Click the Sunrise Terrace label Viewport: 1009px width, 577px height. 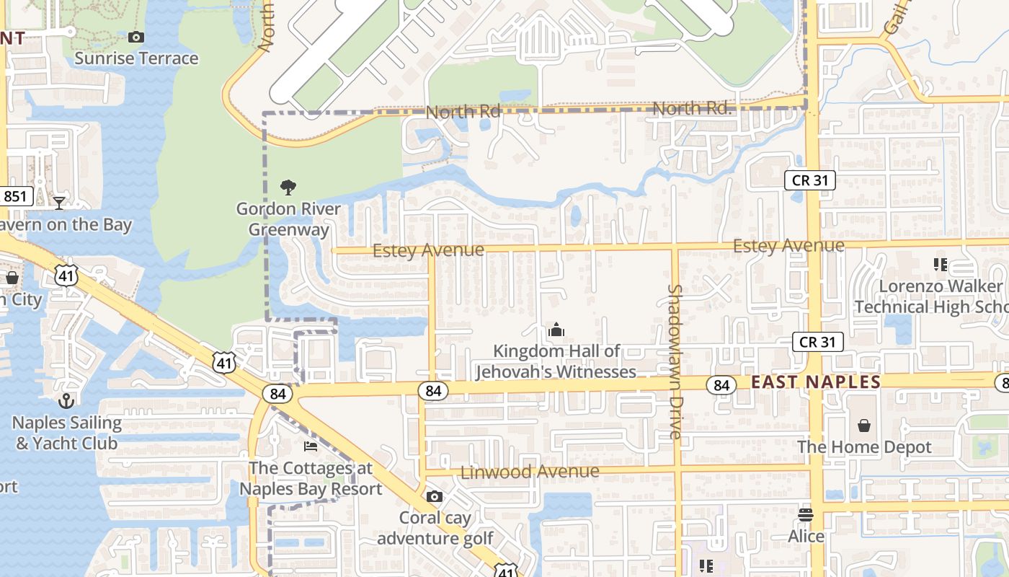(136, 58)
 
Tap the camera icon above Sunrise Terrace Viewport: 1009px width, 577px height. (135, 37)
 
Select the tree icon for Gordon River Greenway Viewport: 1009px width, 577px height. (288, 188)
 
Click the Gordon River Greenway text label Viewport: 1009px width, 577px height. (288, 219)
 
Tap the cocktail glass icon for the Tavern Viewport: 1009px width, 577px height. (59, 203)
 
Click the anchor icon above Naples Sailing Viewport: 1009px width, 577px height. (66, 401)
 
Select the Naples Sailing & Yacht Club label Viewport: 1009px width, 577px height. (66, 433)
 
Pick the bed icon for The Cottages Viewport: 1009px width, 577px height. (311, 446)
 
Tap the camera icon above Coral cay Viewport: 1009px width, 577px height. (434, 496)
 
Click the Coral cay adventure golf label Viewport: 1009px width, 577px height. (435, 528)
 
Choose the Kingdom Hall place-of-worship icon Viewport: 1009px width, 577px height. (556, 330)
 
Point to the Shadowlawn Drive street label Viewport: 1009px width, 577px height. (675, 361)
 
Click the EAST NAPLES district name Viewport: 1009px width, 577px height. (816, 382)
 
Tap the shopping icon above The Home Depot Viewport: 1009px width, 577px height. (864, 426)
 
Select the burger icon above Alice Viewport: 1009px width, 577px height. (806, 515)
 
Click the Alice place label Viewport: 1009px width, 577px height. (806, 537)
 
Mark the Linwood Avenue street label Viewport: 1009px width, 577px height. (530, 472)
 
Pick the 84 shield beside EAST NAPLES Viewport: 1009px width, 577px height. (721, 385)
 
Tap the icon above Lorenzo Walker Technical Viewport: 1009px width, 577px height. (940, 265)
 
